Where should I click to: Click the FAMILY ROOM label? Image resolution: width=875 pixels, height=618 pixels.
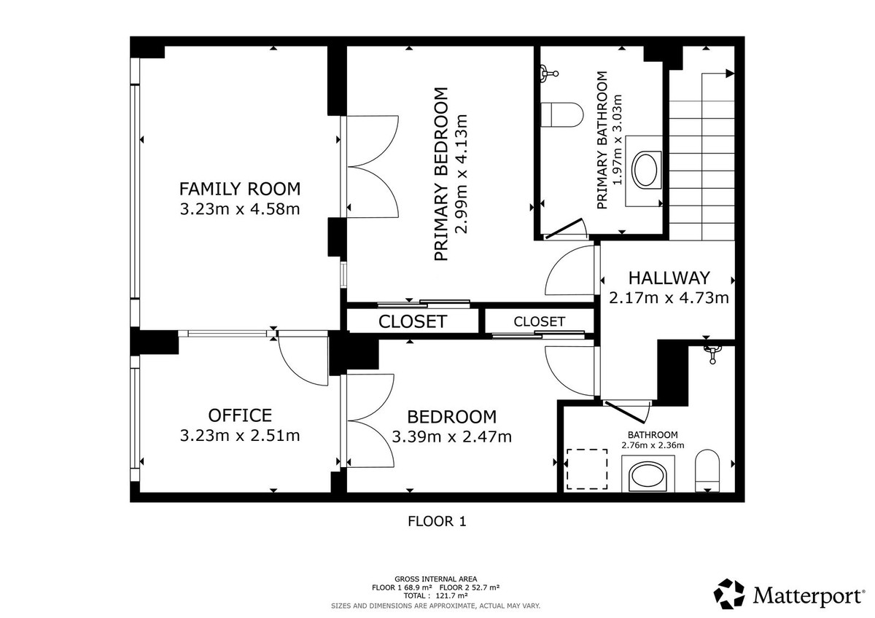(240, 189)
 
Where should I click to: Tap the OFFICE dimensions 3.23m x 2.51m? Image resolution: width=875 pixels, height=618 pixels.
(240, 436)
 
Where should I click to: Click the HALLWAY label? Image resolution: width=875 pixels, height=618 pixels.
(669, 278)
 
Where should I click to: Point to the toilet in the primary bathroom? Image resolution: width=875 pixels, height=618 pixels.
(562, 115)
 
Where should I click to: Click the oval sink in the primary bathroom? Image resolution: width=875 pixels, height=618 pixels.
(646, 170)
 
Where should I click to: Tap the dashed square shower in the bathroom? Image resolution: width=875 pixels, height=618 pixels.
(588, 469)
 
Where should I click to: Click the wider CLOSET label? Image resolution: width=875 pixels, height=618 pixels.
(412, 321)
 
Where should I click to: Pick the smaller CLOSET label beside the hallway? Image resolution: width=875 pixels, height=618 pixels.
(539, 321)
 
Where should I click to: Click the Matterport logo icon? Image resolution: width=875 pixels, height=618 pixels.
(730, 594)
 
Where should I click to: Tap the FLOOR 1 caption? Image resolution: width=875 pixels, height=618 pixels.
(436, 521)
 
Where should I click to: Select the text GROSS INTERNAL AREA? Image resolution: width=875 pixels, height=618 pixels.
(436, 579)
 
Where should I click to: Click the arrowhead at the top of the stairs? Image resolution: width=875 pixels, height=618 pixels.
(730, 73)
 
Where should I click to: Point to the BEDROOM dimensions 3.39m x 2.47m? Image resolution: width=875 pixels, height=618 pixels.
(451, 437)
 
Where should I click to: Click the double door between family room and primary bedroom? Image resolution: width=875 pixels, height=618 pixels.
(372, 167)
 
